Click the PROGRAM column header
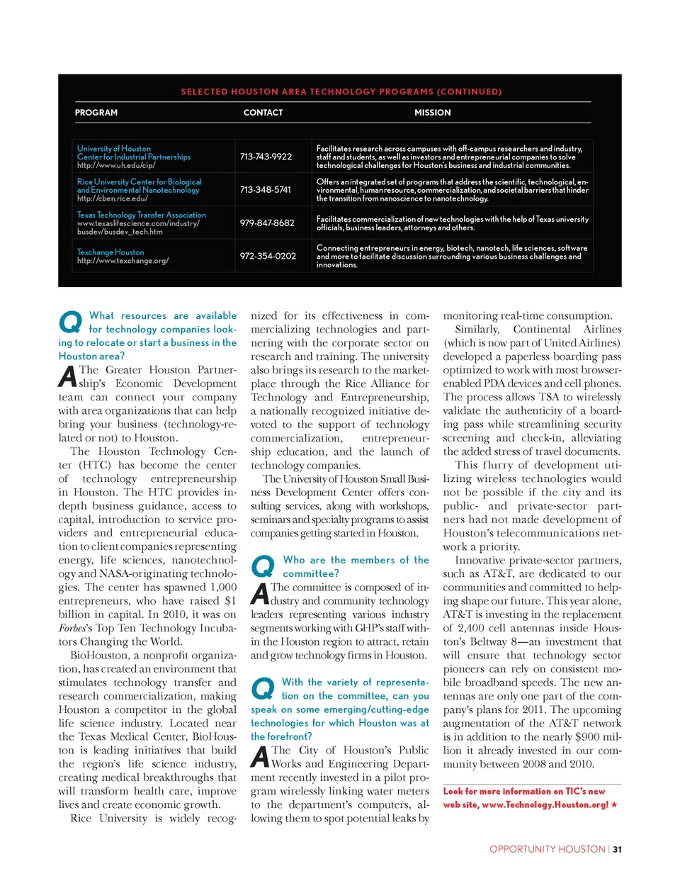[x=96, y=113]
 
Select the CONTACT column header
[x=263, y=113]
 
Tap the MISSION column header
[x=432, y=113]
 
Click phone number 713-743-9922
[x=266, y=157]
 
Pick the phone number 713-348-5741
[x=265, y=190]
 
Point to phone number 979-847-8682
[x=267, y=223]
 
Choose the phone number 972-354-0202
[x=268, y=256]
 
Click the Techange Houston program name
[x=110, y=252]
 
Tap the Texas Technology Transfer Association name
[x=142, y=215]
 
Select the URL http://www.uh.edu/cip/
[x=116, y=165]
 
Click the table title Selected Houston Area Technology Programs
[x=341, y=91]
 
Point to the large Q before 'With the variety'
[x=263, y=688]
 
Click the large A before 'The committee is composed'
[x=260, y=594]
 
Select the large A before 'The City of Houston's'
[x=260, y=756]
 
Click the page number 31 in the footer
[x=617, y=849]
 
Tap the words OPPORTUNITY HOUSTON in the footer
[x=547, y=849]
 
